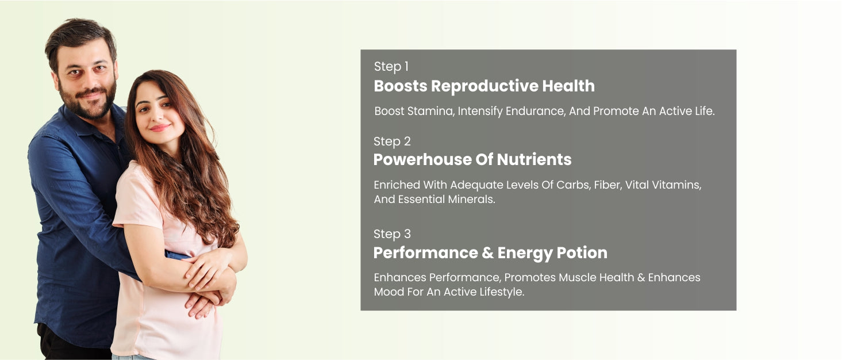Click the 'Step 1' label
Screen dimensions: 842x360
(x=391, y=67)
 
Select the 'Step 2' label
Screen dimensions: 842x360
(x=392, y=141)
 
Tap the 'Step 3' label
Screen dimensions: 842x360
(x=392, y=234)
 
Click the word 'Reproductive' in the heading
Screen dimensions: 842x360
(x=485, y=86)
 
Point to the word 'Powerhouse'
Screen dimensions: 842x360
(x=422, y=159)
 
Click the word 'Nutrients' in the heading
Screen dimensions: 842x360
(x=534, y=159)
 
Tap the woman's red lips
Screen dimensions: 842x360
(x=160, y=128)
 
